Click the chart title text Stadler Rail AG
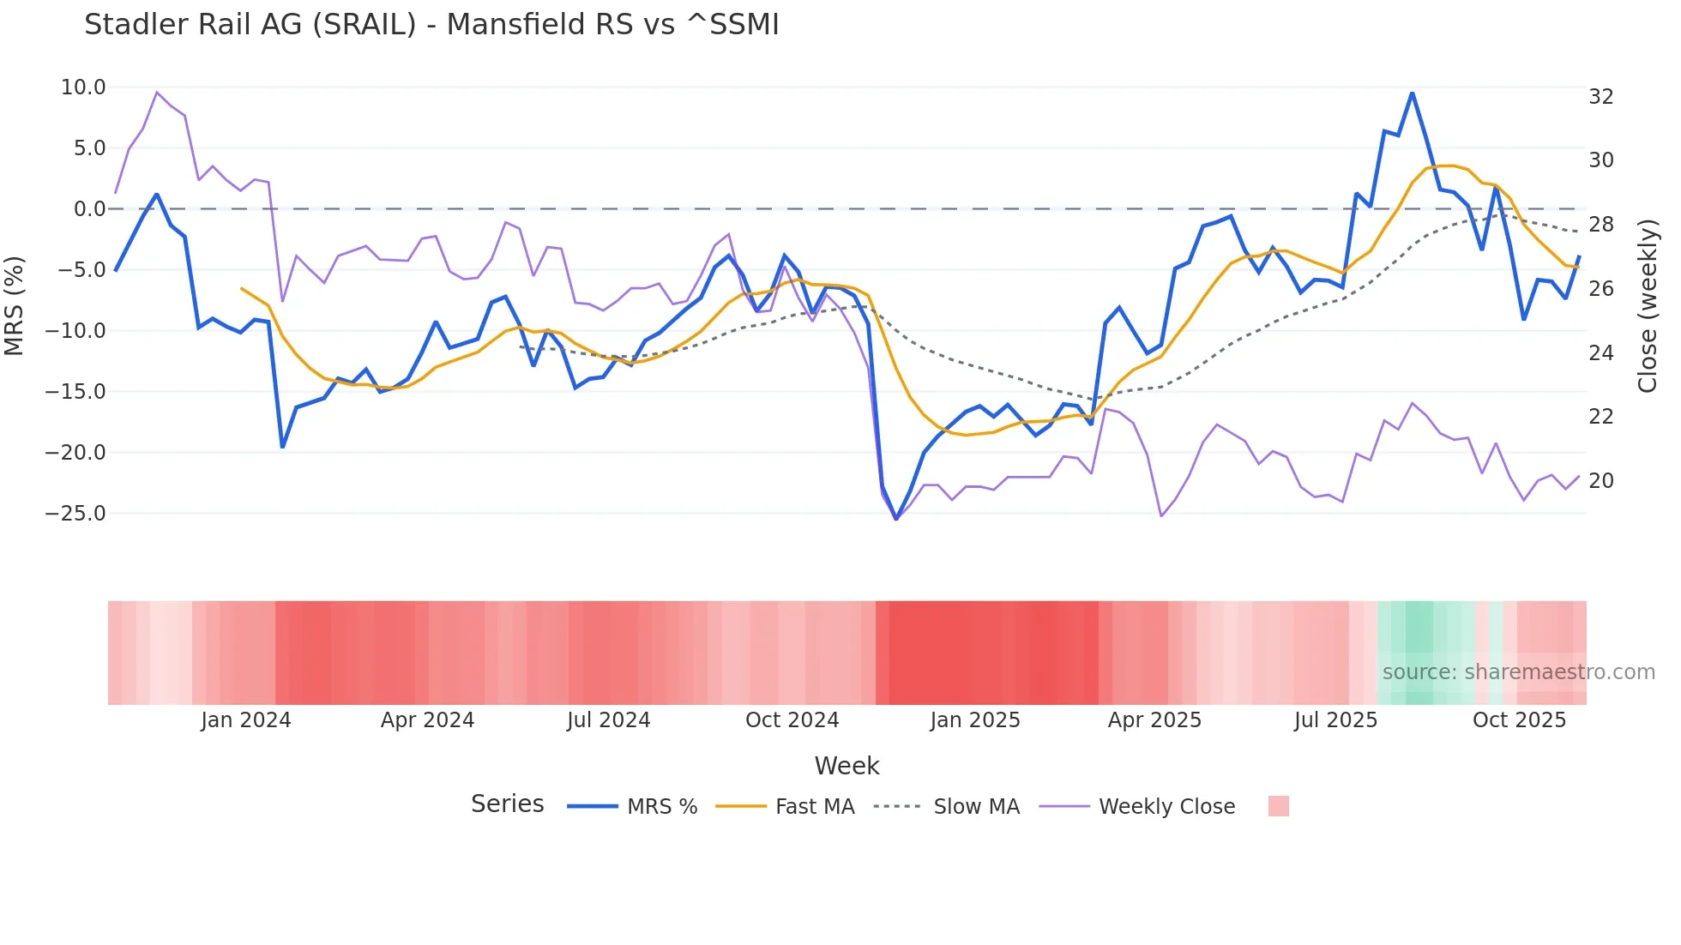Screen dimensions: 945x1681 tap(431, 25)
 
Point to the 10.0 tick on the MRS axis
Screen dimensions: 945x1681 tap(83, 87)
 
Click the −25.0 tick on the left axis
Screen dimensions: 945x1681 tap(76, 514)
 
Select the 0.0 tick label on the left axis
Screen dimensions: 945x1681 tap(89, 209)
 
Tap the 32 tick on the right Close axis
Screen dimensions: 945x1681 tap(1600, 97)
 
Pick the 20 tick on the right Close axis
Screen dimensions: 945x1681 tap(1600, 481)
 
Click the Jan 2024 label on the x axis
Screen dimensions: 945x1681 tap(246, 720)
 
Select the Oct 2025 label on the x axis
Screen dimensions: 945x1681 tap(1519, 720)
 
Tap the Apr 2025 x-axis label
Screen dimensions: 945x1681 tap(1154, 720)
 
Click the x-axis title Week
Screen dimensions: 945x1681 tap(847, 766)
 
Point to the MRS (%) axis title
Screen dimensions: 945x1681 tap(15, 305)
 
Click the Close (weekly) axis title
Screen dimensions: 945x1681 tap(1647, 305)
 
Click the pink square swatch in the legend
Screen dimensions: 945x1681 tap(1278, 806)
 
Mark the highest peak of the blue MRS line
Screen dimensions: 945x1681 tap(1412, 93)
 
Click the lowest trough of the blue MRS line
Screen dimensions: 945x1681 tap(896, 519)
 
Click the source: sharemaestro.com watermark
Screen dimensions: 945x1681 tap(1518, 672)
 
